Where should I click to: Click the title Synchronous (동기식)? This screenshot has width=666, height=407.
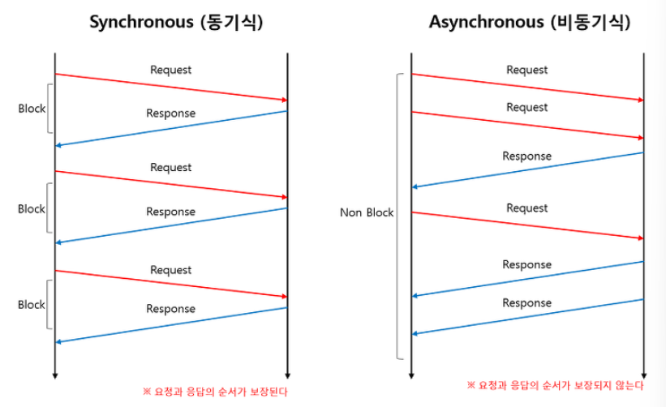click(x=175, y=22)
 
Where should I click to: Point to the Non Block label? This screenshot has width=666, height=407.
click(x=367, y=212)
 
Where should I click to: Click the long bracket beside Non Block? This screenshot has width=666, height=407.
click(x=398, y=216)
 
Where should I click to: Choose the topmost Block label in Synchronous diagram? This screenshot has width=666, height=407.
click(x=32, y=109)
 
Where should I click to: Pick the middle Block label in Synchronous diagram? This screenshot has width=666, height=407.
click(x=32, y=208)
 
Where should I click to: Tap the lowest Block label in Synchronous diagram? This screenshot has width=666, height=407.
click(x=32, y=305)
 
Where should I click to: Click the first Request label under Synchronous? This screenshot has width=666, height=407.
click(x=170, y=70)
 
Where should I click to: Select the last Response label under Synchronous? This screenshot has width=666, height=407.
click(x=170, y=308)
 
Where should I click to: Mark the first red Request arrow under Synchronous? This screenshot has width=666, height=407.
click(x=170, y=87)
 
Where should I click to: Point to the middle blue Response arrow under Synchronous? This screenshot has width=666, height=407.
click(x=170, y=225)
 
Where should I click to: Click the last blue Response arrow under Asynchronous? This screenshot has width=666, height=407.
click(x=527, y=316)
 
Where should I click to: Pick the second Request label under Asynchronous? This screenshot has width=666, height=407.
click(x=527, y=107)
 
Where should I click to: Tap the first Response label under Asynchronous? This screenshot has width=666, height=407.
click(x=527, y=156)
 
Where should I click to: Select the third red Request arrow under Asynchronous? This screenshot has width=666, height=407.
click(x=527, y=225)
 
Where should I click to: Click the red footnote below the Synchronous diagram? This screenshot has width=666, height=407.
click(x=215, y=392)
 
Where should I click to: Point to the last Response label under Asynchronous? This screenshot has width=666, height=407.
click(x=527, y=302)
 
